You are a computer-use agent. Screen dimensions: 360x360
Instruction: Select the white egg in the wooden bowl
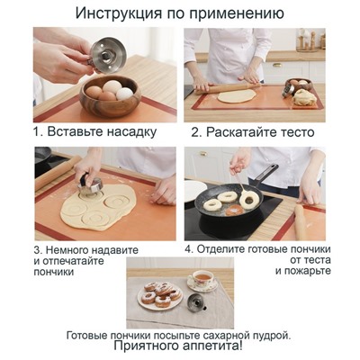[125, 92]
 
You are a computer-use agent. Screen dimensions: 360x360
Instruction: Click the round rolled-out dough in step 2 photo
[236, 95]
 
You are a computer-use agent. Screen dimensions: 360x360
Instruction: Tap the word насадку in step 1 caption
[130, 130]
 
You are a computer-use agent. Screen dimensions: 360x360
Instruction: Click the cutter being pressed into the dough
[89, 186]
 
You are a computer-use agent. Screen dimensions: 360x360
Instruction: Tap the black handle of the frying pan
[265, 172]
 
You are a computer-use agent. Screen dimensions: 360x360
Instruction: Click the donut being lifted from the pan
[249, 198]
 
